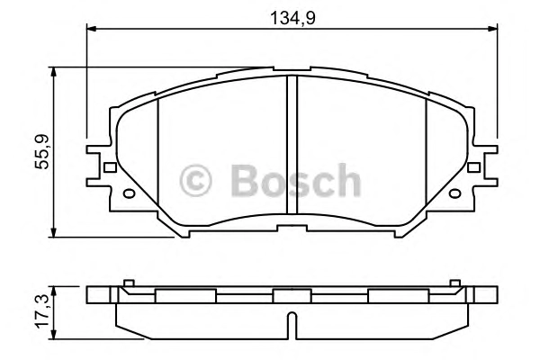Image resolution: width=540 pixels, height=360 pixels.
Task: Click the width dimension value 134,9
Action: point(292,18)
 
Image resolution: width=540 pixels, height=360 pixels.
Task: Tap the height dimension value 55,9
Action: point(42,151)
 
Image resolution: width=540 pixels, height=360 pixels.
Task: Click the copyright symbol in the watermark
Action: point(195,181)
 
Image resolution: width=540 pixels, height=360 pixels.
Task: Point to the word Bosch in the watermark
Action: point(296,180)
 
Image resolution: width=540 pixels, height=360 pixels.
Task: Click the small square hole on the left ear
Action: point(110,167)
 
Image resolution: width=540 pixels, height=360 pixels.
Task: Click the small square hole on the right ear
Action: point(473,167)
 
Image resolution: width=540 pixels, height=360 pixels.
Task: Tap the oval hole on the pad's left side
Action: point(129,194)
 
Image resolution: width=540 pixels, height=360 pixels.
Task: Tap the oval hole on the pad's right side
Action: point(454,194)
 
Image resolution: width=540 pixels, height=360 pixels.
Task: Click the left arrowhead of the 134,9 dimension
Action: point(91,29)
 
